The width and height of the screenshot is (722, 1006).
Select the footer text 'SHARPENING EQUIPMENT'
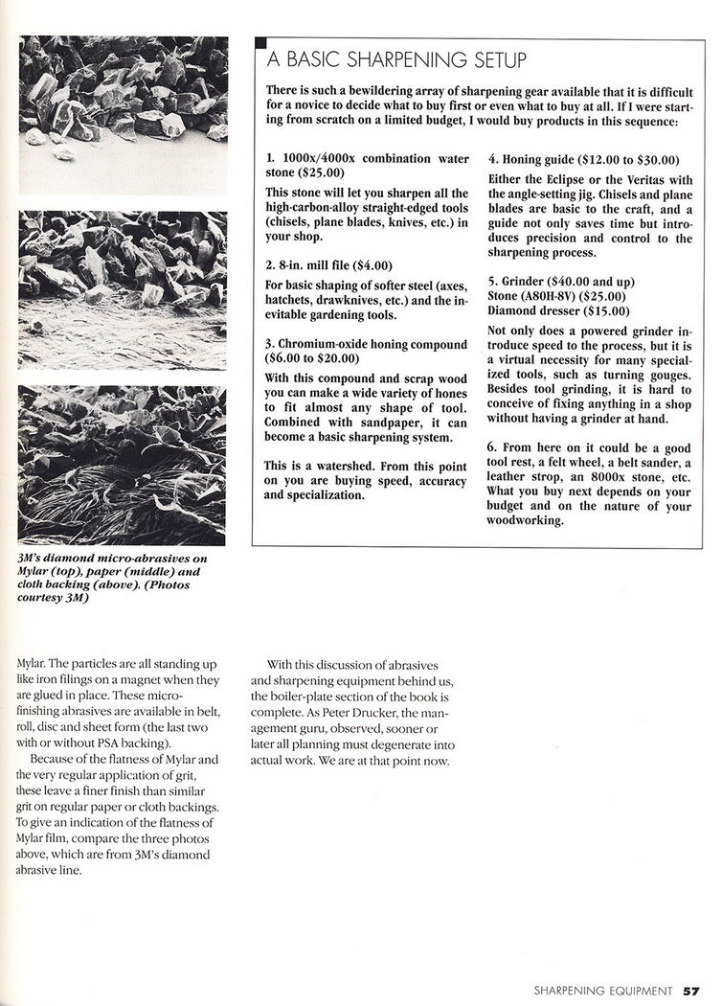[603, 992]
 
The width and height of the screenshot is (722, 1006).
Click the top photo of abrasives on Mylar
[123, 115]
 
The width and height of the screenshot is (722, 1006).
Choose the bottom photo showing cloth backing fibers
[123, 465]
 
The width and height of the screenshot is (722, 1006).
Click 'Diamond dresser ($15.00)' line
[558, 310]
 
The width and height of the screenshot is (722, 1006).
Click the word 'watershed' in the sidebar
[341, 465]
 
